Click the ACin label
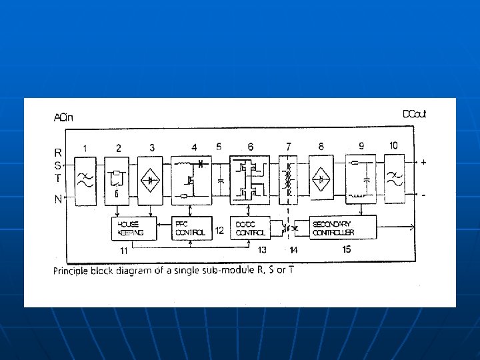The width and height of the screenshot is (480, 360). (63, 118)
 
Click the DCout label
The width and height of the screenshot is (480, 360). (414, 114)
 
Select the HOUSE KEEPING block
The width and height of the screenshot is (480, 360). (134, 229)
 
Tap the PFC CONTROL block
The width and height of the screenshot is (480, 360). (191, 229)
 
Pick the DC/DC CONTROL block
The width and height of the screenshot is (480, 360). (251, 229)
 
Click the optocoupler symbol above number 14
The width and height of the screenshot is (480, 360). (291, 228)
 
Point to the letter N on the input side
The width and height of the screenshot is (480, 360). (58, 198)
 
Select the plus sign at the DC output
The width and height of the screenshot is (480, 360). (424, 162)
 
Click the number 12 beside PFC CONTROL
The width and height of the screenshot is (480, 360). (219, 231)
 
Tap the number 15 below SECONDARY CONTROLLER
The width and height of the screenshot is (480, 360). (346, 249)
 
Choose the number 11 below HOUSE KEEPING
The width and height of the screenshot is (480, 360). (123, 251)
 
